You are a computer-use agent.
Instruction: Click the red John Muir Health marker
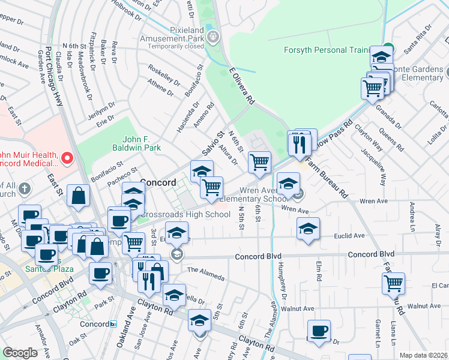pos(67,158)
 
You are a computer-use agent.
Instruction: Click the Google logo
pos(20,353)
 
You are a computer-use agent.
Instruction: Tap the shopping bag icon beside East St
pos(79,195)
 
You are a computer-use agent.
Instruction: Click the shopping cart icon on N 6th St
pos(259,162)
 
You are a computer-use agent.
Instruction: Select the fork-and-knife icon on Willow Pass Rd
pos(298,143)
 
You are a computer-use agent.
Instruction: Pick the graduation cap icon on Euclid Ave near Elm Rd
pos(308,229)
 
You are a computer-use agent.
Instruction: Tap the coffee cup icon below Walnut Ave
pos(319,331)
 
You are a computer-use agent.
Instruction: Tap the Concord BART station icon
pos(113,324)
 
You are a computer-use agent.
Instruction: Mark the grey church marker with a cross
pos(25,190)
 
